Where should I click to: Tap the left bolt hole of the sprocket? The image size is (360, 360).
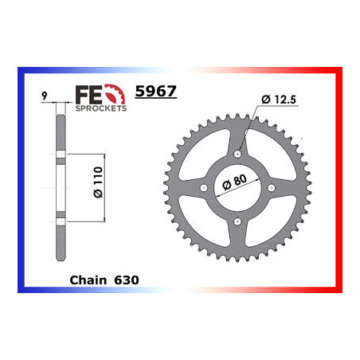click(204, 188)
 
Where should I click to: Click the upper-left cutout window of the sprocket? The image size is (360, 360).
click(208, 158)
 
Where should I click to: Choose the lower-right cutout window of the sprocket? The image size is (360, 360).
click(267, 217)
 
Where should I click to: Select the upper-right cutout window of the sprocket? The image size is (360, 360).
click(267, 158)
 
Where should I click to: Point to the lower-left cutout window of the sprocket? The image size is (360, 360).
click(208, 217)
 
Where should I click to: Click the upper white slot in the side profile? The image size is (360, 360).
click(59, 151)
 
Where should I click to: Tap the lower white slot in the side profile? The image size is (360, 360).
click(59, 217)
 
